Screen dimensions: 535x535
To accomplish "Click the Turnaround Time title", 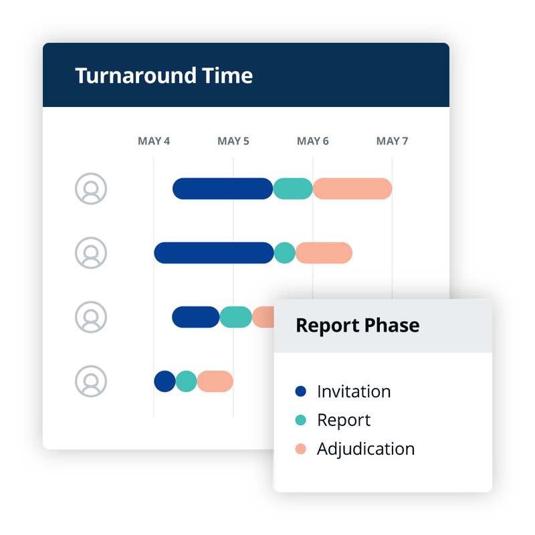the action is tap(164, 76).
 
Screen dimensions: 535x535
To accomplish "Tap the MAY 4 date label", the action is tap(154, 141).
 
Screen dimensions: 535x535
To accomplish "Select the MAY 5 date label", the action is tap(233, 141).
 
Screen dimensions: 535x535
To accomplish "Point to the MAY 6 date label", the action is tap(313, 141).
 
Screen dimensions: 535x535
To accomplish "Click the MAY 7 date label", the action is tap(393, 141).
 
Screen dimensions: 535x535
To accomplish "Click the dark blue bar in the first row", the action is tap(223, 189).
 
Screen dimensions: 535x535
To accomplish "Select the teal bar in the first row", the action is tap(293, 189).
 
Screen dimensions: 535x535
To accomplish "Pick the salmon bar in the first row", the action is tap(352, 189).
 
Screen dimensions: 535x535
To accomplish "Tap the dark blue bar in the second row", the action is tap(214, 253).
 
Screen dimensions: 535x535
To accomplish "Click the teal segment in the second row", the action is tap(285, 253).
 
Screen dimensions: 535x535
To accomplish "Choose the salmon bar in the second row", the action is tap(324, 253).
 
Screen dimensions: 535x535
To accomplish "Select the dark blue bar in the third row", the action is tap(196, 317).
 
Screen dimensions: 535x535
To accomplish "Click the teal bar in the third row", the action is tap(236, 317).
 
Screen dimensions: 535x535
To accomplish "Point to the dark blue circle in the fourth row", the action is tap(165, 381).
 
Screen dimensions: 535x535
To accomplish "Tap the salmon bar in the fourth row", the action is tap(215, 381).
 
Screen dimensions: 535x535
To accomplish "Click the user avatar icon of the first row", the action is tap(91, 189).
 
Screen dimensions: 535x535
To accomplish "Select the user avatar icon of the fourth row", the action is tap(91, 381).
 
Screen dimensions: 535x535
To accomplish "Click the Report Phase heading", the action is tap(358, 326).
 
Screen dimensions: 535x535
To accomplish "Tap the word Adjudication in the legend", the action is tap(366, 449).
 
